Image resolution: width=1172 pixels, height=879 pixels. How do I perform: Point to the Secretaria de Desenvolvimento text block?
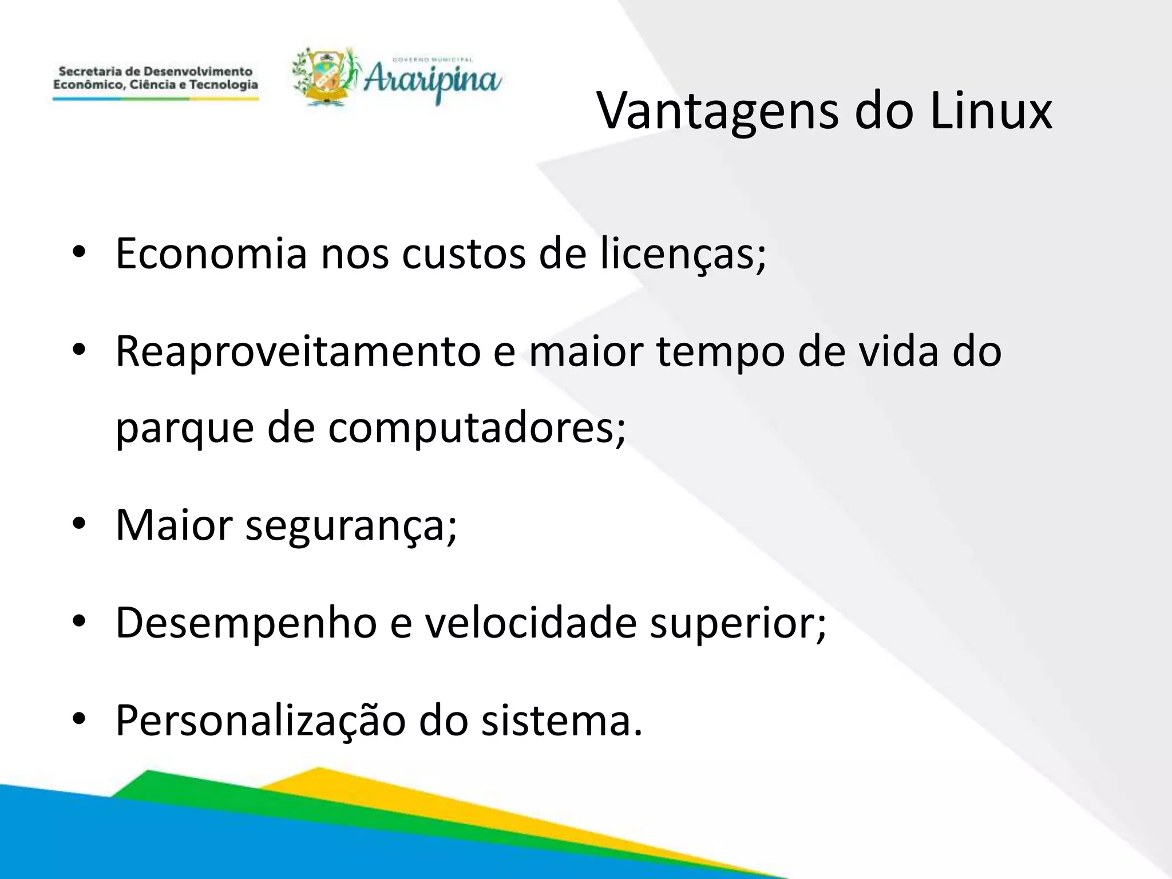[x=156, y=78]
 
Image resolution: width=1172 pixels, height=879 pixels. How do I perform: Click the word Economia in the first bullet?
[x=211, y=254]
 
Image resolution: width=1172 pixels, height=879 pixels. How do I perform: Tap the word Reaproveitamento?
[x=298, y=352]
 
